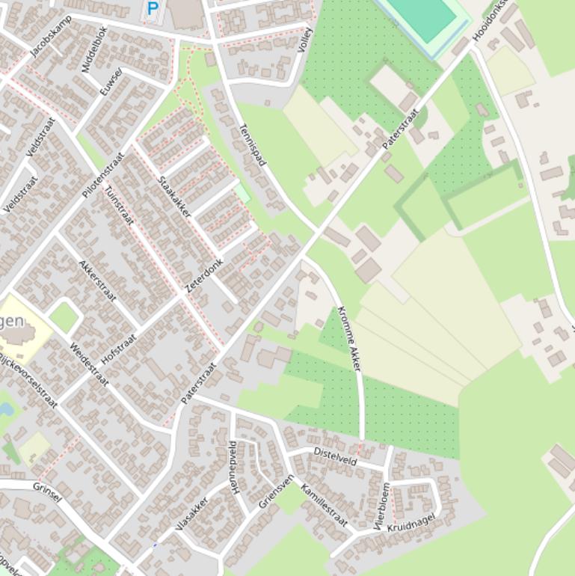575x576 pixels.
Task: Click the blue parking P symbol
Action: pyautogui.click(x=153, y=9)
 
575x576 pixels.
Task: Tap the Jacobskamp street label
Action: pyautogui.click(x=52, y=35)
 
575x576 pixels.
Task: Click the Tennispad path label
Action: pyautogui.click(x=252, y=145)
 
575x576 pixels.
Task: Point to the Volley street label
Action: pyautogui.click(x=304, y=40)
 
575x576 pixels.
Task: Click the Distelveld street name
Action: pyautogui.click(x=335, y=456)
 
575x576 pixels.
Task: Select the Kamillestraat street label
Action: pyautogui.click(x=324, y=506)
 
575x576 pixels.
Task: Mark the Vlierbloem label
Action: pyautogui.click(x=382, y=506)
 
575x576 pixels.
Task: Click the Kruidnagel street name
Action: pyautogui.click(x=411, y=522)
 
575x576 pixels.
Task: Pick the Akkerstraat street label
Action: pyautogui.click(x=97, y=281)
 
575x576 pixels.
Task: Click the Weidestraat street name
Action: pyautogui.click(x=89, y=364)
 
